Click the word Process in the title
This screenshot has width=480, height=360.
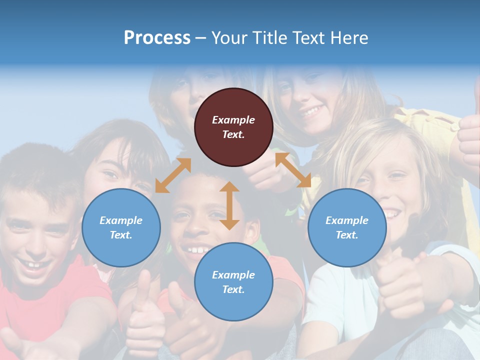157,38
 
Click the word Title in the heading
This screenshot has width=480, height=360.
269,38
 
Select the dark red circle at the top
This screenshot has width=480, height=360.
233,127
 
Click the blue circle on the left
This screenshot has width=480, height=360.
121,227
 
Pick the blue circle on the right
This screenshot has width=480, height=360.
347,227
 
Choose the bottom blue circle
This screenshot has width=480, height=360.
233,282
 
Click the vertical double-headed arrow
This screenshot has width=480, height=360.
229,205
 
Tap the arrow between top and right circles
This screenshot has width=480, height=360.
293,170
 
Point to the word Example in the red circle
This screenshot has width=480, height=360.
233,120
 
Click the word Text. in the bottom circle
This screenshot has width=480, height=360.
233,289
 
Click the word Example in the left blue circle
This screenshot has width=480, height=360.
121,220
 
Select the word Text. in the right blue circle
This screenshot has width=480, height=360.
347,235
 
